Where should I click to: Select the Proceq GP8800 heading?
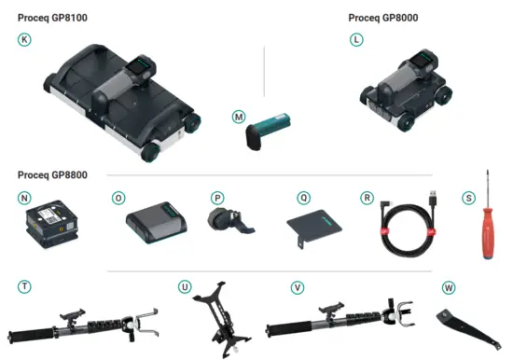[x=53, y=174]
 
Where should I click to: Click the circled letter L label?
[x=356, y=39]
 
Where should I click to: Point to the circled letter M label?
[x=239, y=117]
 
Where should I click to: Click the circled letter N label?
[x=24, y=198]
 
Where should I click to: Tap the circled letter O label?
[x=118, y=198]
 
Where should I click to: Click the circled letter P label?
[x=216, y=198]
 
